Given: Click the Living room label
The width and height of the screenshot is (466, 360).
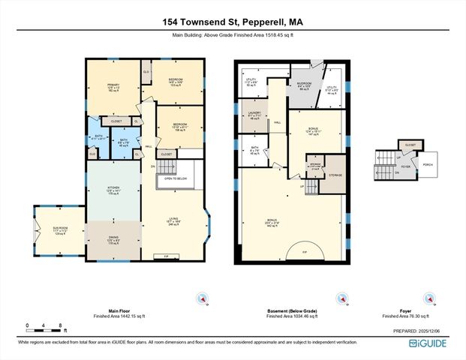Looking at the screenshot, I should pos(173,221).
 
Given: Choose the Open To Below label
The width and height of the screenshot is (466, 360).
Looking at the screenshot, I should pos(177,178).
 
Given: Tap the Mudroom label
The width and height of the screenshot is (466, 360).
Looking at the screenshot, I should pos(304,85).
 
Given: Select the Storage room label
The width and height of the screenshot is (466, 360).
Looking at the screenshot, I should pos(335,175).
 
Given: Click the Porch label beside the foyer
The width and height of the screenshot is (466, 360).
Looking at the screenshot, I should pos(428,166).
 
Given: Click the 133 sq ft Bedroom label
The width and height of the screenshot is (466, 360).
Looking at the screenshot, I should pos(176,82).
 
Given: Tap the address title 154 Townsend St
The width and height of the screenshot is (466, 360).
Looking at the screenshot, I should pos(232,22).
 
